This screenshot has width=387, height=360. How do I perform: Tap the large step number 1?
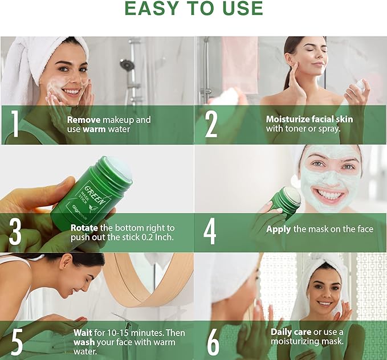[x=15, y=124]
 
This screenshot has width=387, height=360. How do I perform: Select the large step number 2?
[x=211, y=124]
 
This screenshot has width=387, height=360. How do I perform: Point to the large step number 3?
[x=15, y=232]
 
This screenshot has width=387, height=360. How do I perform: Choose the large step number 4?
[x=210, y=232]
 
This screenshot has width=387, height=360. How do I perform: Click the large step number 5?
[x=17, y=342]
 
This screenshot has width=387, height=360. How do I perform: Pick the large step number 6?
[x=213, y=342]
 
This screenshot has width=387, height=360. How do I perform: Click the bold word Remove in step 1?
[x=84, y=120]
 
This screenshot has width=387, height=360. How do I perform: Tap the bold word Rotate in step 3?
[x=84, y=228]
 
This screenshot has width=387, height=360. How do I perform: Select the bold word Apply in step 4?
[x=278, y=230]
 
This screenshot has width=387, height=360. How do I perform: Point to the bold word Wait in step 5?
[x=83, y=333]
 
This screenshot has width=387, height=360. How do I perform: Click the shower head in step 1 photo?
[x=127, y=64]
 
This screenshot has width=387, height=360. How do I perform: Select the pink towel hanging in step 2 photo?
[x=239, y=64]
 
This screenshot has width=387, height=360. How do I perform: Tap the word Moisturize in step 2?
[x=287, y=119]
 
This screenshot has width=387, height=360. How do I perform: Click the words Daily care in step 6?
[x=291, y=332]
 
